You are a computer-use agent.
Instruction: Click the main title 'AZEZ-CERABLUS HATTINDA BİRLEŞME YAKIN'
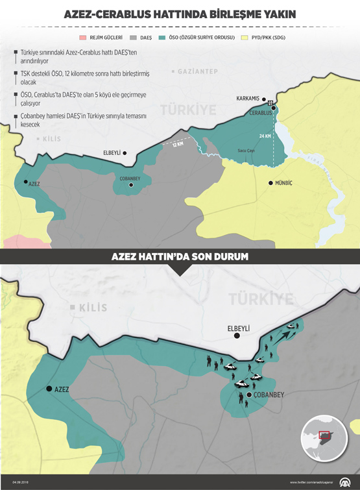pos(180,14)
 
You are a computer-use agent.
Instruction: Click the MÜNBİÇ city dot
pos(270,183)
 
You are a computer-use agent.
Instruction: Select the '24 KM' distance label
pos(265,136)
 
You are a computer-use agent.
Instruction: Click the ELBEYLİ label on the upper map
pos(112,153)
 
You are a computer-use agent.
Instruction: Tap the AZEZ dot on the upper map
pos(25,182)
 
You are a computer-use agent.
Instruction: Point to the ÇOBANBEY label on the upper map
pos(130,178)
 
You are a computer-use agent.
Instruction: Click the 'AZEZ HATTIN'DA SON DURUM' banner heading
pos(180,257)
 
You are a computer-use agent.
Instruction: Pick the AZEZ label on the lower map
pos(62,389)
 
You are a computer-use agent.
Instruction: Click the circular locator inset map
pos(324,438)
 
